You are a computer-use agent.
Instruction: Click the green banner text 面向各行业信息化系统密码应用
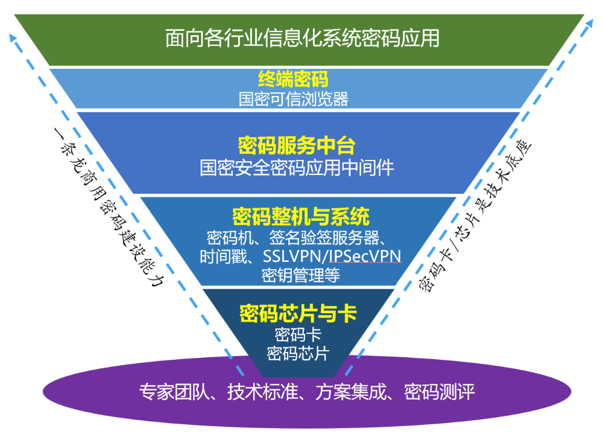pyautogui.click(x=302, y=38)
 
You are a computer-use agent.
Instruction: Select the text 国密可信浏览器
pyautogui.click(x=293, y=98)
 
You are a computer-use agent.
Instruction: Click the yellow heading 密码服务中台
pyautogui.click(x=297, y=145)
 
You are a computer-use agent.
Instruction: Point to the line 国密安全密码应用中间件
pyautogui.click(x=297, y=167)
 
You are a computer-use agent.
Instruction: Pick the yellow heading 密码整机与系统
pyautogui.click(x=301, y=216)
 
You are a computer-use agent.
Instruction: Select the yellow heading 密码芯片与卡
pyautogui.click(x=298, y=314)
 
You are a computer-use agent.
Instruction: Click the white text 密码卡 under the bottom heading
pyautogui.click(x=298, y=334)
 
